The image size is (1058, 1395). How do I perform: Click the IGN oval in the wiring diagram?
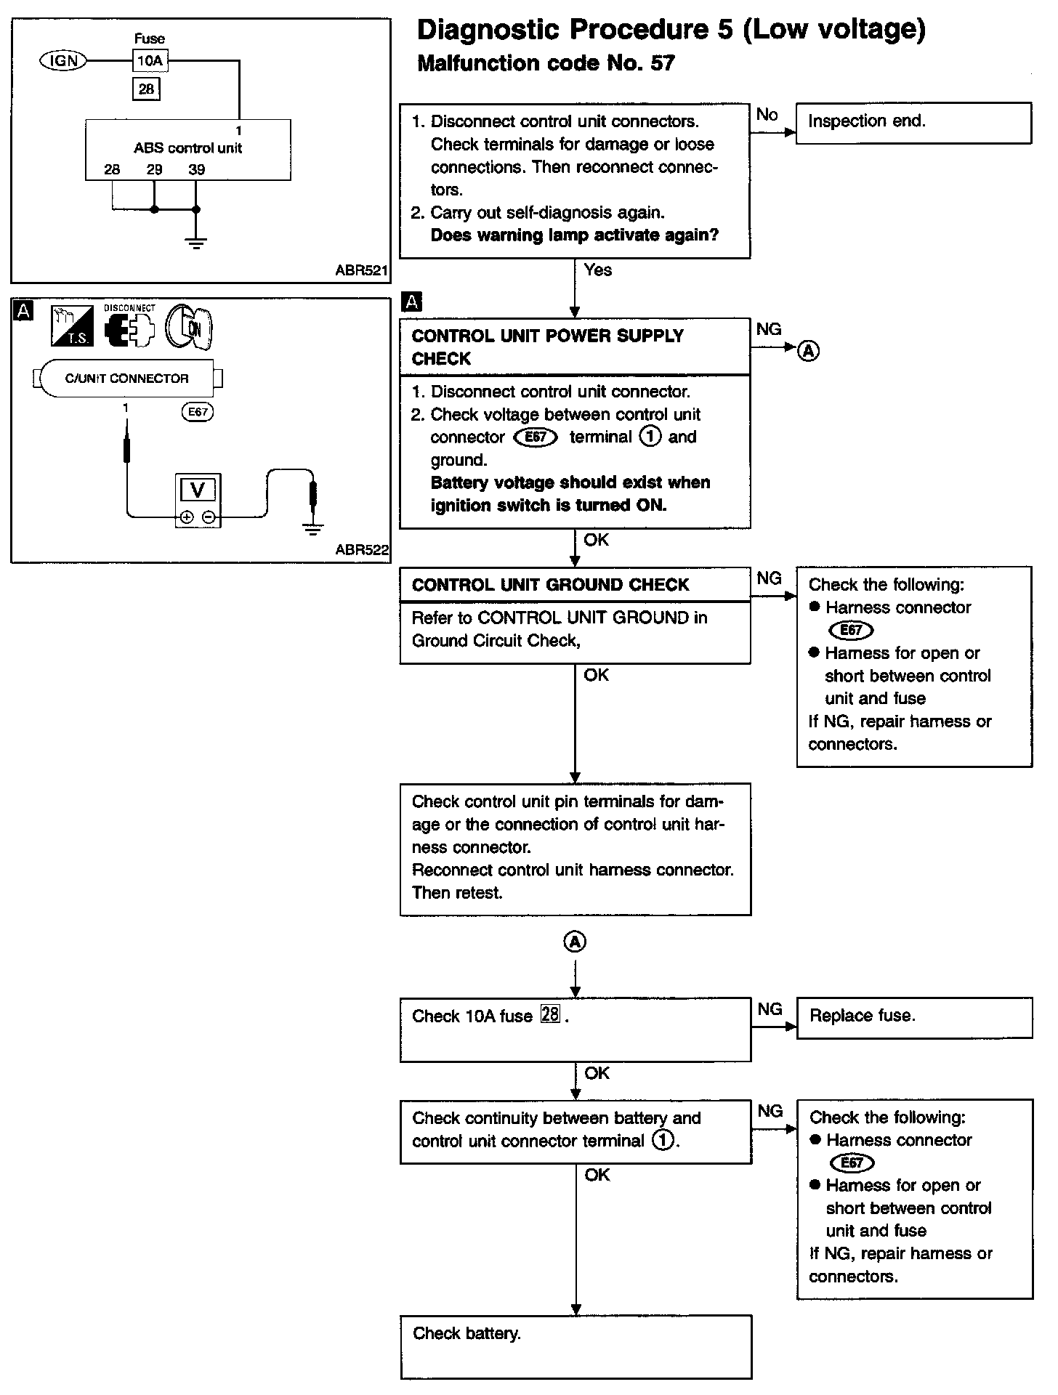(x=62, y=61)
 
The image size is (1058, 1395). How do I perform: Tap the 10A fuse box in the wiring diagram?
(x=150, y=61)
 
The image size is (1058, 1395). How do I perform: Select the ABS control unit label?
(x=187, y=148)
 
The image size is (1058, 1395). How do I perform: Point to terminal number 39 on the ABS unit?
(x=196, y=170)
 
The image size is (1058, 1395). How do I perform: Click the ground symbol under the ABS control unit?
(x=195, y=242)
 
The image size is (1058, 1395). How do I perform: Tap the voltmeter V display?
(x=198, y=490)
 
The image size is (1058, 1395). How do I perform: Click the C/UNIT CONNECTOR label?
(x=126, y=379)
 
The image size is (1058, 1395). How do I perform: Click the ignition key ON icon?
(x=188, y=327)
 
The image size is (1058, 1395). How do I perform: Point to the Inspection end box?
(x=913, y=123)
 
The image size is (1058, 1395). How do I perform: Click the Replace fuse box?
(x=914, y=1016)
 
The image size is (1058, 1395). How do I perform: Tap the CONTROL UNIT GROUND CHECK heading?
(x=550, y=585)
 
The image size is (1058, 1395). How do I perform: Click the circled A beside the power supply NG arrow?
(x=809, y=351)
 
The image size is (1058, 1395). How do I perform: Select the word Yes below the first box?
(x=597, y=270)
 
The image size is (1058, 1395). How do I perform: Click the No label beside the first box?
(x=767, y=115)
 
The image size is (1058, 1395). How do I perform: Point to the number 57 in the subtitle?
(x=662, y=64)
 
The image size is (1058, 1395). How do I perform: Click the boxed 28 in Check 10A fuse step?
(x=550, y=1014)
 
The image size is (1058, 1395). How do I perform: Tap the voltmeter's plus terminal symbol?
(x=187, y=517)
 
